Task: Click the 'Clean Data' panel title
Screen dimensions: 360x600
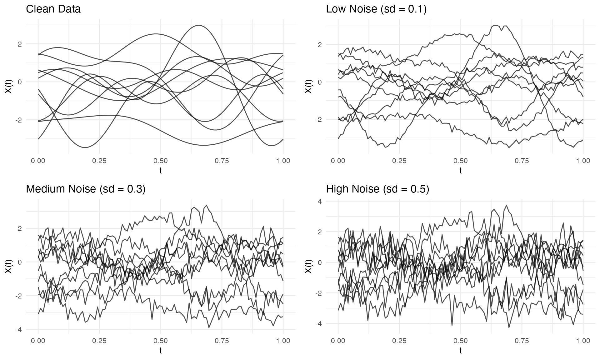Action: [x=53, y=9]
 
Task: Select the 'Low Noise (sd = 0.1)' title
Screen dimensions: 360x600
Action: [x=376, y=9]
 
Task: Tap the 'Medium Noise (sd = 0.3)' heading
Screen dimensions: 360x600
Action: [x=86, y=189]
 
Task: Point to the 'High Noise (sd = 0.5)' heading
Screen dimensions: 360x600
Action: [x=377, y=189]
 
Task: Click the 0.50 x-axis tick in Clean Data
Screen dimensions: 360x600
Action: [x=160, y=161]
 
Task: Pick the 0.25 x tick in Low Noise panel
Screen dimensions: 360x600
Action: [x=399, y=161]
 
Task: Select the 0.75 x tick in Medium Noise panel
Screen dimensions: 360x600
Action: [x=222, y=341]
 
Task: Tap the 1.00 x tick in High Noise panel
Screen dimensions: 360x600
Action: [x=583, y=341]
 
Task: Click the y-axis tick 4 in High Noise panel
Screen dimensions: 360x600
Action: [x=328, y=201]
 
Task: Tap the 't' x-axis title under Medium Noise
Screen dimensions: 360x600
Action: [x=160, y=351]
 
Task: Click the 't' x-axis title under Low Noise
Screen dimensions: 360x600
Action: [x=460, y=171]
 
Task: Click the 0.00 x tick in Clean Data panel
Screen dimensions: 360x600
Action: [x=38, y=161]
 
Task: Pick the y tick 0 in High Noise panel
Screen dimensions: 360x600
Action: [x=328, y=262]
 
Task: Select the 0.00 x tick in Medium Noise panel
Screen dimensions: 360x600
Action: [x=38, y=341]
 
